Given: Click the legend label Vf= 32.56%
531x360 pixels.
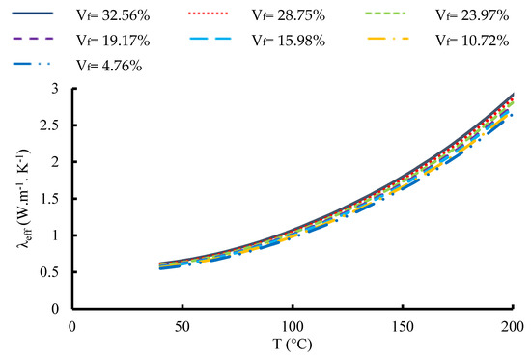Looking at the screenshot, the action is click(113, 15).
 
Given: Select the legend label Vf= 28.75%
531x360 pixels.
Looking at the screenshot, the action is click(289, 15).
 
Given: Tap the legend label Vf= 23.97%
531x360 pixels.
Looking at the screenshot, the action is click(472, 15).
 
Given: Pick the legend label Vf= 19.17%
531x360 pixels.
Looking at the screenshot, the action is click(113, 41).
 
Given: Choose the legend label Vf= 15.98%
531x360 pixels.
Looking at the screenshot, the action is click(289, 41).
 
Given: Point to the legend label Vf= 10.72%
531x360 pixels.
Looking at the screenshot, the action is click(472, 41).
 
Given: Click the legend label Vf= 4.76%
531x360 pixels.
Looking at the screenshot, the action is click(109, 66).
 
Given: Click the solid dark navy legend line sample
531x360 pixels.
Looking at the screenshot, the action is click(33, 14).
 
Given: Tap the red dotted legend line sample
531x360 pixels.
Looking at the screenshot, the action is click(208, 14).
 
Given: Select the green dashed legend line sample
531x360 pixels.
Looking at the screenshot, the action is click(385, 14).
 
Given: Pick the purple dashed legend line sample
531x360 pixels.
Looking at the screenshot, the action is click(33, 39).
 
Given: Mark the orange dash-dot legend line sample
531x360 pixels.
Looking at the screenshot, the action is click(388, 39).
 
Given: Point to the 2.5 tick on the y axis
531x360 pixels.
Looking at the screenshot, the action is click(49, 125).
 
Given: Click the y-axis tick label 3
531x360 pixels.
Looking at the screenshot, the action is click(55, 89).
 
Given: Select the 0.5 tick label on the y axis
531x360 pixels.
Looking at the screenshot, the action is click(49, 272).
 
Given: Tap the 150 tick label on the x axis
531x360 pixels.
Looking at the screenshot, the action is click(403, 327).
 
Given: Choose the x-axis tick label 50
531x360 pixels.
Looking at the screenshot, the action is click(182, 327).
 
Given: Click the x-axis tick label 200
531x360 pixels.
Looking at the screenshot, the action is click(512, 327).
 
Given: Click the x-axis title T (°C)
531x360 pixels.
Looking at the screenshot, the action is click(293, 345).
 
